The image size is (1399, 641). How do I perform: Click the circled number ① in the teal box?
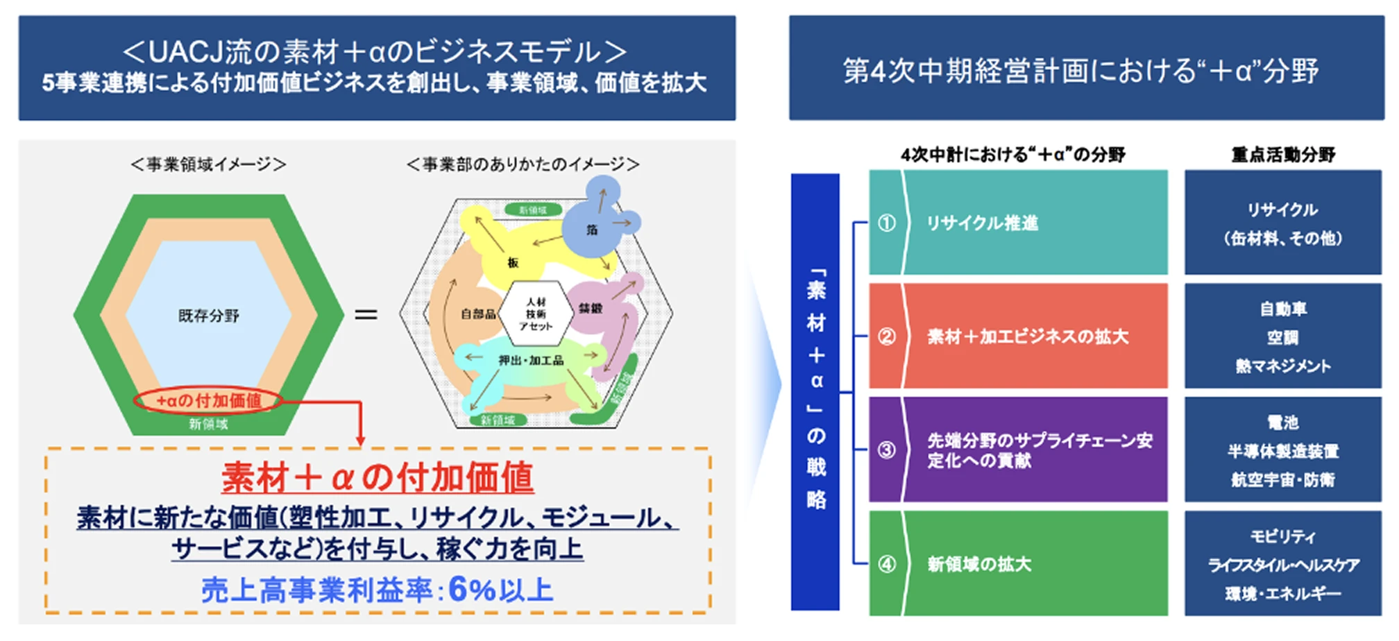886,223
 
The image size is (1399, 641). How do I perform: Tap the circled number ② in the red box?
886,336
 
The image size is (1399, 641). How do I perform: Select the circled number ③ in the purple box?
886,450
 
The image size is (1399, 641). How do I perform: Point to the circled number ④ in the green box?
886,563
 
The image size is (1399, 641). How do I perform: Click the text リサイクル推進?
982,223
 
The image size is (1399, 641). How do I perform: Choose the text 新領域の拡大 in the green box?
979,564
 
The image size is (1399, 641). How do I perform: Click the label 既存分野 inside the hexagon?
208,316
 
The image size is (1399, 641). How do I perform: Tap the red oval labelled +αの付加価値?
208,400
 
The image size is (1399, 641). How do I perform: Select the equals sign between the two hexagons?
366,315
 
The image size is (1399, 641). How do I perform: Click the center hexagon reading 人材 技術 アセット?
536,314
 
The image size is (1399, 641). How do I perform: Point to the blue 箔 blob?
592,229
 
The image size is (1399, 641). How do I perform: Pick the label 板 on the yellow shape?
513,262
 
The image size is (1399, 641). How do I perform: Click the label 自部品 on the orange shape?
478,314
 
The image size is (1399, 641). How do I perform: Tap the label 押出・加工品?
531,360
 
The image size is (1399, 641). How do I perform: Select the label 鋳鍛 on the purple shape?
591,308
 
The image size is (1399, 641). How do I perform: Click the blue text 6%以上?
500,590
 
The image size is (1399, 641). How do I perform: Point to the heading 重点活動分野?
1282,154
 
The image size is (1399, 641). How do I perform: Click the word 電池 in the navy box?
1282,422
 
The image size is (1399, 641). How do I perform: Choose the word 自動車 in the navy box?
1282,309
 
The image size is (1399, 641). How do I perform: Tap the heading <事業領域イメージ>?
208,164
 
